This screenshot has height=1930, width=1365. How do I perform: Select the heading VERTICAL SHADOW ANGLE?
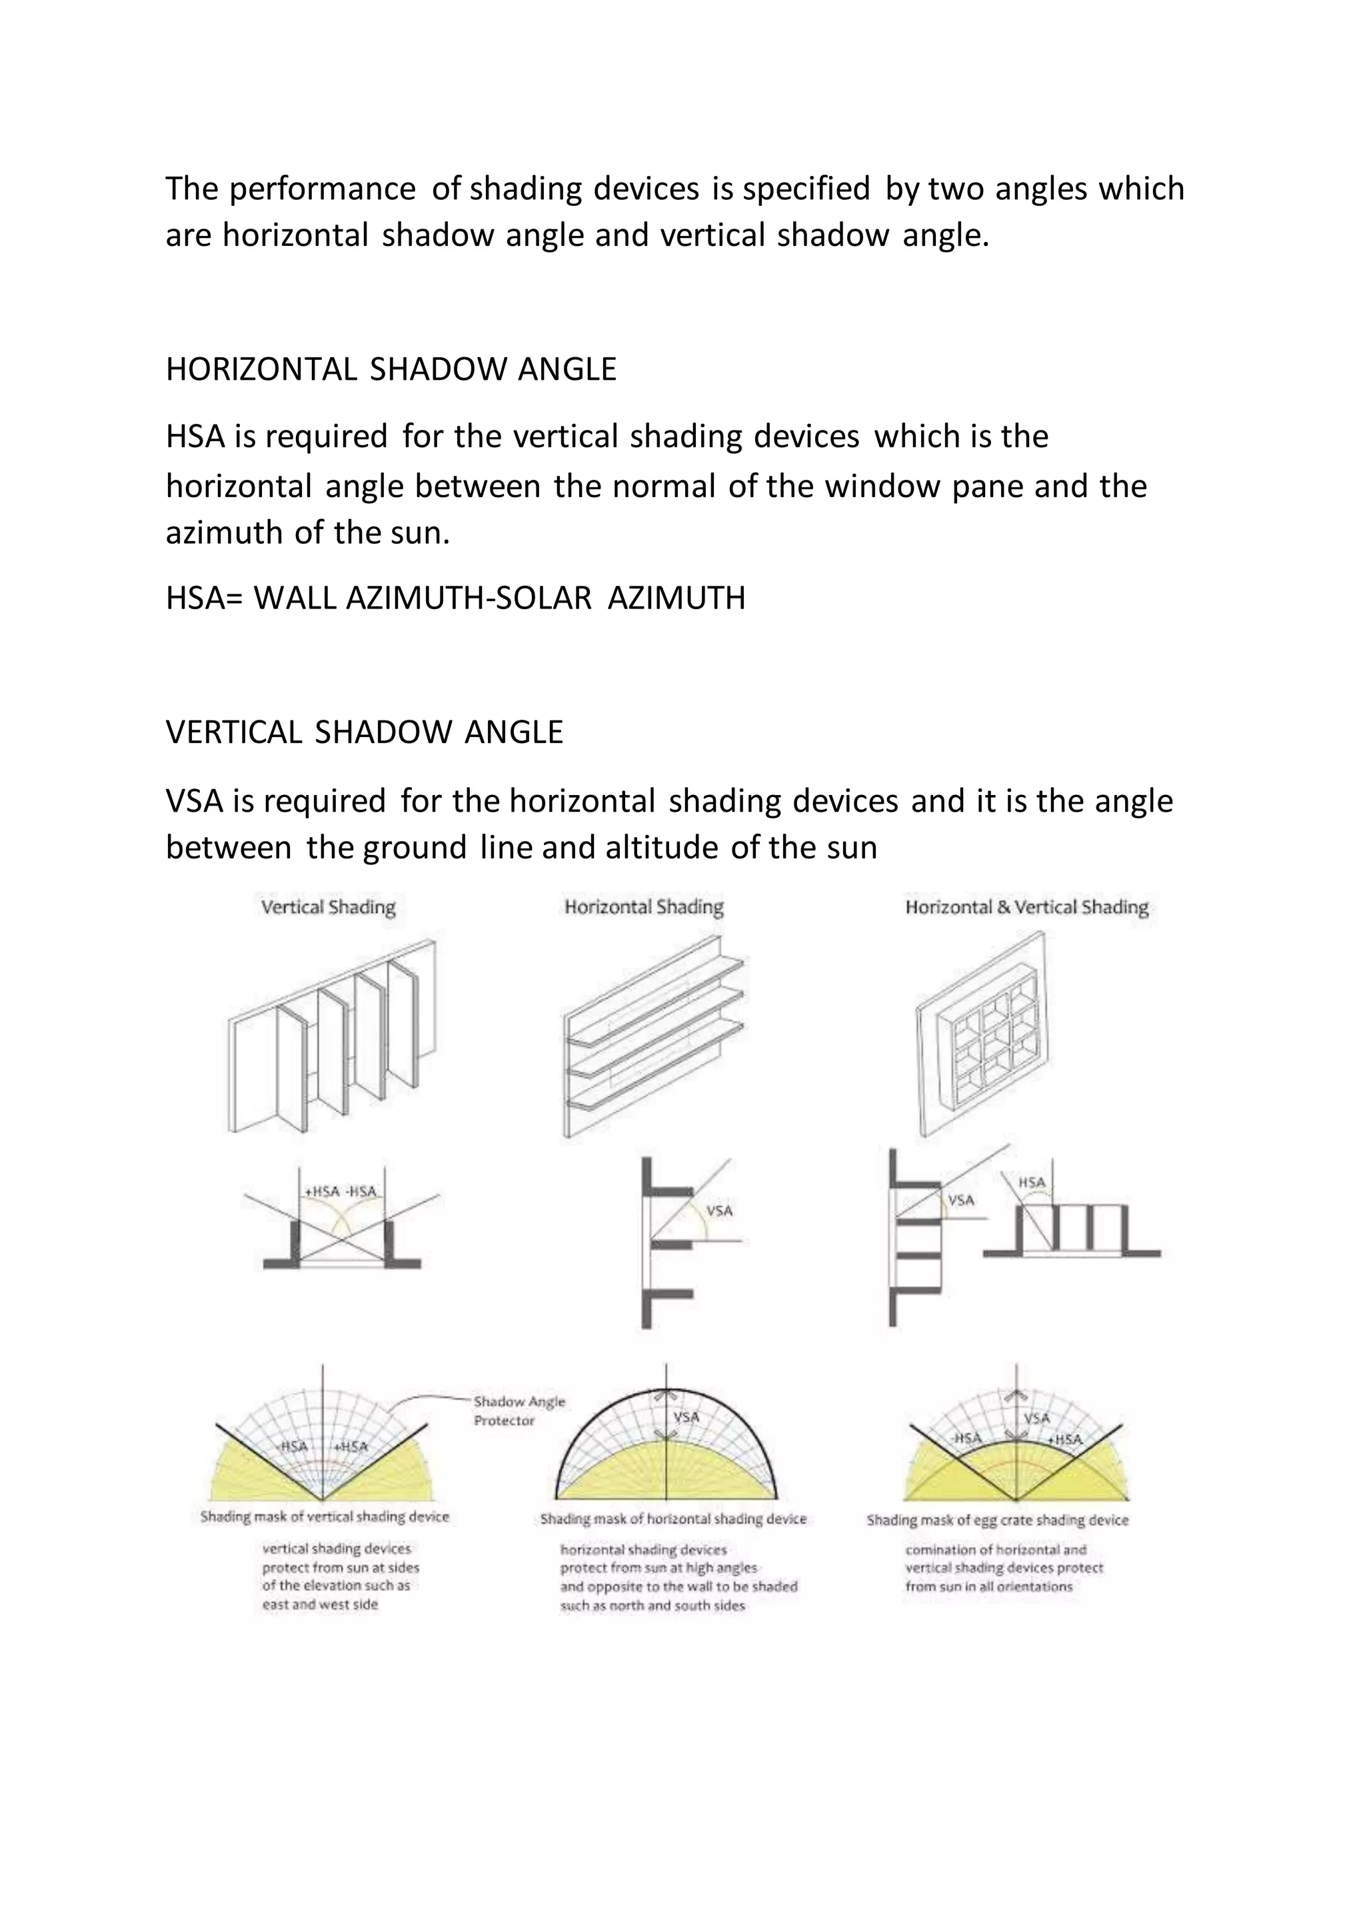tap(364, 732)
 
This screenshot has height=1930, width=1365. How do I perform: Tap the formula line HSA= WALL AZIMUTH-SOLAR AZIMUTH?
tap(456, 598)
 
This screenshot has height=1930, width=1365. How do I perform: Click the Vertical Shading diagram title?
tap(328, 907)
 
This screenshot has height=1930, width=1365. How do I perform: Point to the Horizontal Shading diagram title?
tap(644, 907)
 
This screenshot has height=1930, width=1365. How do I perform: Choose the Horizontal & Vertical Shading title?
tap(1026, 907)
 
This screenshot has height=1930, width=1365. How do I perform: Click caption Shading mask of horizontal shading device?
tap(673, 1519)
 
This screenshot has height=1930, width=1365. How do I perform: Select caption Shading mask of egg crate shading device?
tap(997, 1519)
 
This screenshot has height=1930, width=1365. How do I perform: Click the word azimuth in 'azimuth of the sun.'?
tap(225, 533)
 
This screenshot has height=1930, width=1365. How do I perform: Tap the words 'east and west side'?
tap(319, 1605)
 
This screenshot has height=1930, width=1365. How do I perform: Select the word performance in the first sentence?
tap(322, 189)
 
